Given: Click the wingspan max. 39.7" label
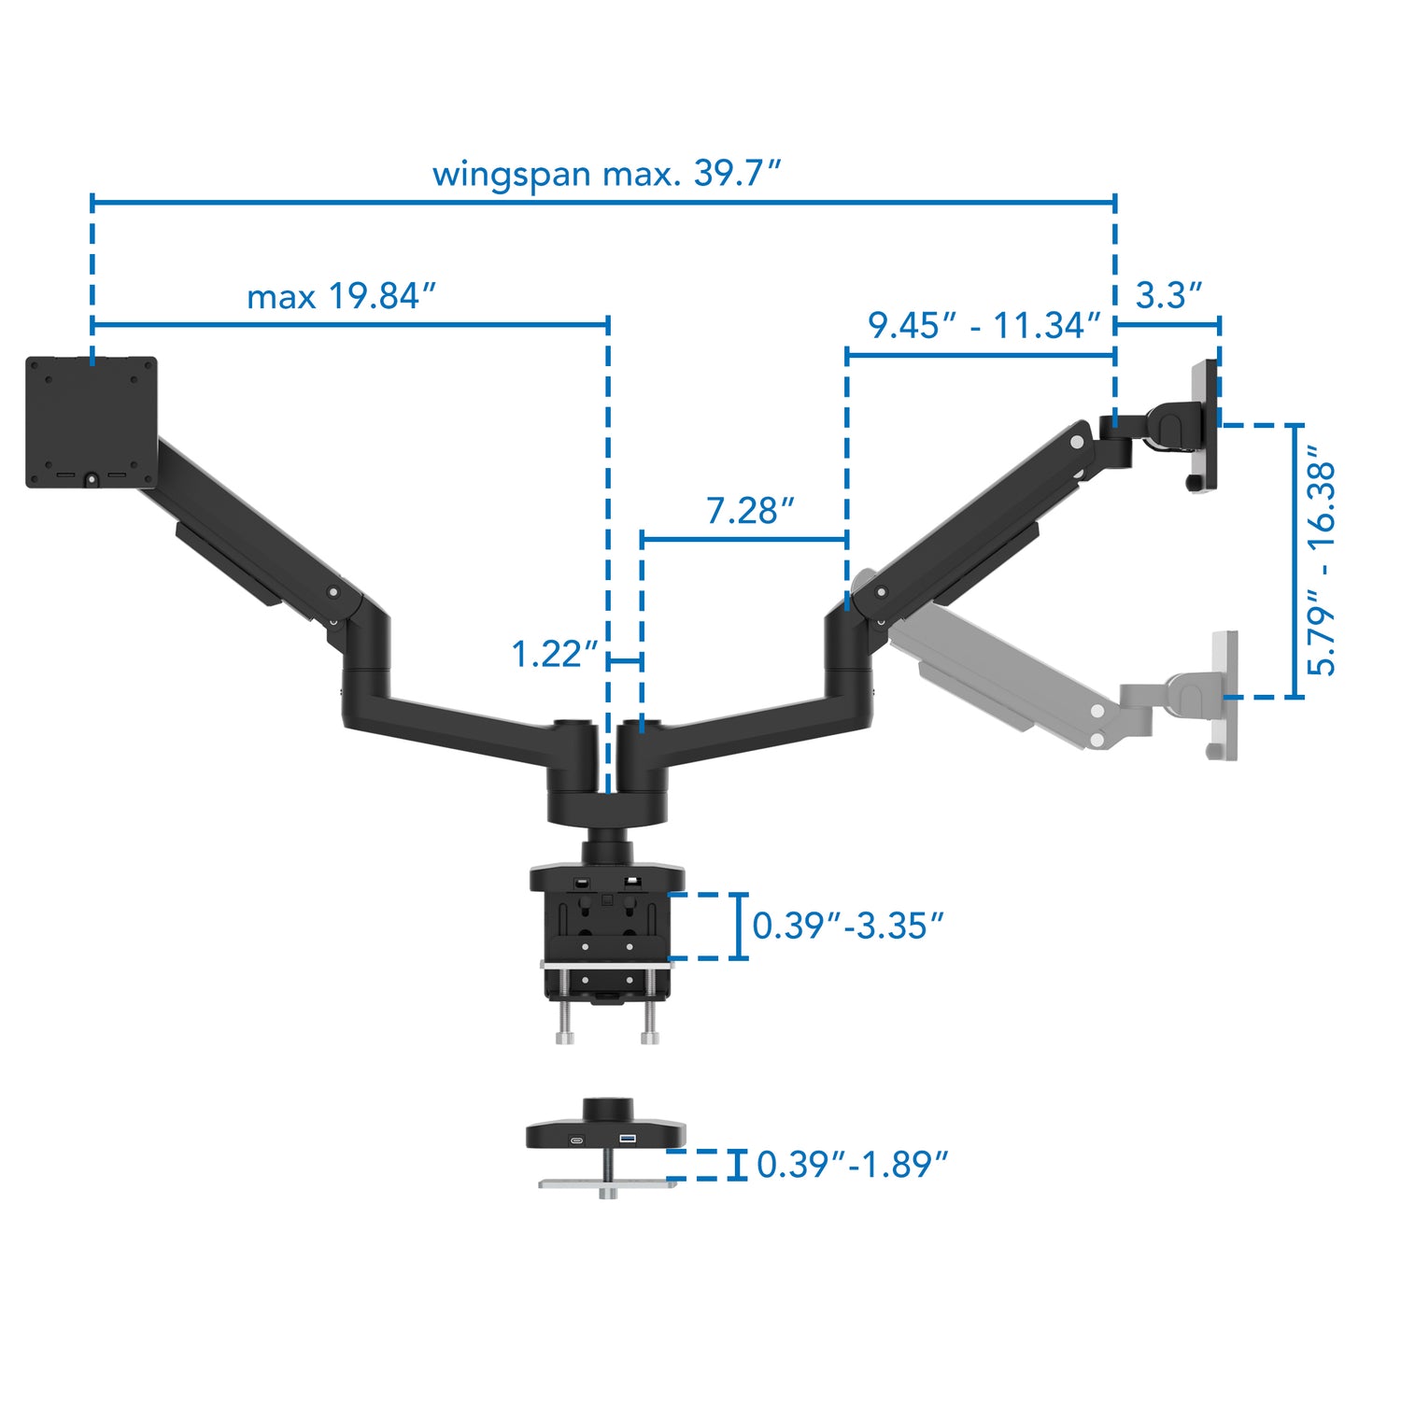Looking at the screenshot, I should [x=605, y=174].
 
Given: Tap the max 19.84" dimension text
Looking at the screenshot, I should [x=341, y=297].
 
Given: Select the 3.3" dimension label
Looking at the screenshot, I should [x=1167, y=296].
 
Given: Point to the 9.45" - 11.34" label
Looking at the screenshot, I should [x=984, y=326].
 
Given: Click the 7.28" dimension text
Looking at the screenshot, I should [x=749, y=511].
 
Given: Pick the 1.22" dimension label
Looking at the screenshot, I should [x=554, y=654].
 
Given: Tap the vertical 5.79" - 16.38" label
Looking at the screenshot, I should [x=1321, y=560].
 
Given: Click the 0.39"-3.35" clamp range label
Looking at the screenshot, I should [x=847, y=926].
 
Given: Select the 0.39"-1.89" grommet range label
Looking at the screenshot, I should [x=851, y=1165].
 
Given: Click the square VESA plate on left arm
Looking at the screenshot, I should [x=91, y=421].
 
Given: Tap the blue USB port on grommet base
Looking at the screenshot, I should [x=629, y=1139].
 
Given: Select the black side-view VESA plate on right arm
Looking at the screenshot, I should [x=1204, y=425].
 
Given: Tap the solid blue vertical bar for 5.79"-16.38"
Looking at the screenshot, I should [x=1296, y=560].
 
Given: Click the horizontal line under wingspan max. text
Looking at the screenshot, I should [x=603, y=201].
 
